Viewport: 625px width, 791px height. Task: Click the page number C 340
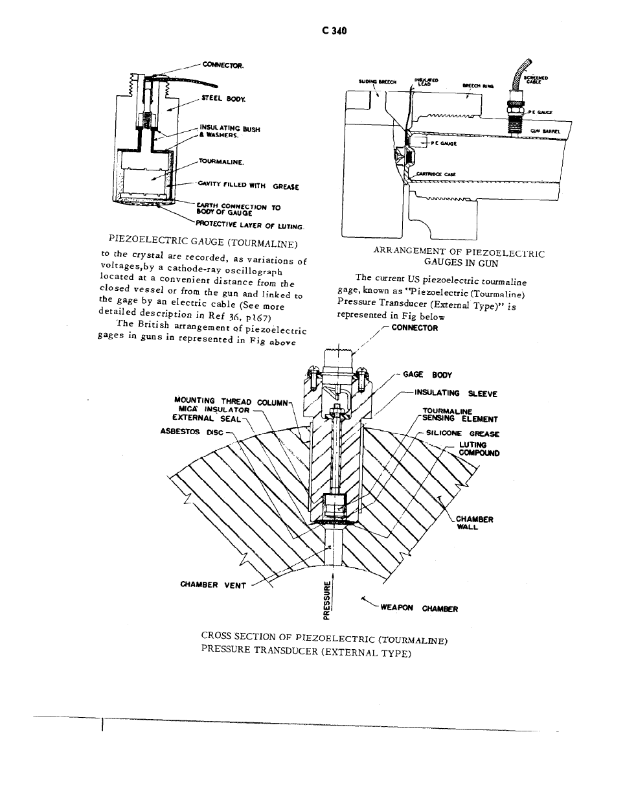tap(334, 30)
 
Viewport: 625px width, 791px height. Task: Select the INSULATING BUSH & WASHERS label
tap(229, 132)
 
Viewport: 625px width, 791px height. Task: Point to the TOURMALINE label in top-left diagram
tap(221, 162)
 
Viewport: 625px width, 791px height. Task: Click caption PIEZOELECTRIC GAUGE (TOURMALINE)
tap(203, 244)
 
